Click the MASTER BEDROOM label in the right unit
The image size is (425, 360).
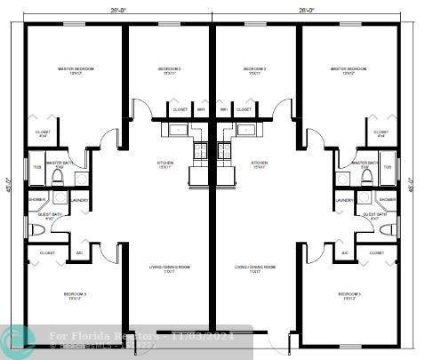349,68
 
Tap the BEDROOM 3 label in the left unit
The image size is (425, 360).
76,294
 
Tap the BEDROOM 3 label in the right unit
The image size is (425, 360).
349,294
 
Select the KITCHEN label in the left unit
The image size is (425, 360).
165,164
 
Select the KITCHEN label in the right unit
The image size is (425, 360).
259,164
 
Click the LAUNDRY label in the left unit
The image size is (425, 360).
79,200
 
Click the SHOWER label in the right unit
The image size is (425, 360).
387,200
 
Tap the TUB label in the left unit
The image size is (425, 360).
37,167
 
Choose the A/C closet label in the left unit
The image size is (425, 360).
79,252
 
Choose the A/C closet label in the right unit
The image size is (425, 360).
345,252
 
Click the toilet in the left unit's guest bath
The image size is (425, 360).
36,231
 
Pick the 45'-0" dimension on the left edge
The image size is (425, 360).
11,187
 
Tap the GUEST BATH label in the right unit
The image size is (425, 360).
374,215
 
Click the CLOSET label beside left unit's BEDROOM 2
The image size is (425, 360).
180,110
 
